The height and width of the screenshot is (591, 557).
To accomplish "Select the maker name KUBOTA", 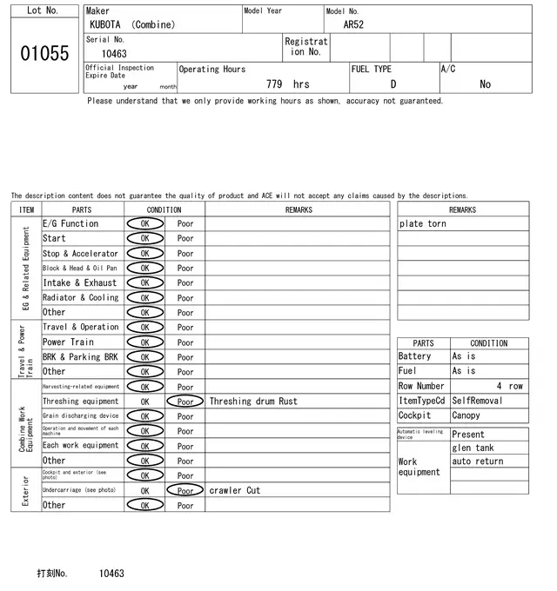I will pos(107,25).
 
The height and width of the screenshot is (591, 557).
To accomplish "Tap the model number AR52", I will pos(353,25).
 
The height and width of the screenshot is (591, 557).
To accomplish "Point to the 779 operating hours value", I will pos(274,84).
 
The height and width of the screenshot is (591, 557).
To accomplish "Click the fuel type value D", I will pos(393,84).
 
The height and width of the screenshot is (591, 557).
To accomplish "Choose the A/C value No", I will pos(485,84).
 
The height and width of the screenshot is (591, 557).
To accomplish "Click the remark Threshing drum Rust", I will pos(252,402).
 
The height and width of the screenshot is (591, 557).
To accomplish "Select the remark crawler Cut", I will pos(234,490).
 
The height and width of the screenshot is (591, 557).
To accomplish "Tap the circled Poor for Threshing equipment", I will pos(185,402).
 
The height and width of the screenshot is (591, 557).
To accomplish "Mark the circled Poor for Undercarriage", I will pos(185,490).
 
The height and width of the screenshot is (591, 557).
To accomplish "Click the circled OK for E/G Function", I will pos(144,223).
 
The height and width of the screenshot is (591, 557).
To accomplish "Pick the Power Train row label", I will pos(68,342).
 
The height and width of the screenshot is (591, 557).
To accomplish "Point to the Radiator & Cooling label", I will pos(80,297).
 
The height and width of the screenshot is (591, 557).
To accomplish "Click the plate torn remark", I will pos(423,223).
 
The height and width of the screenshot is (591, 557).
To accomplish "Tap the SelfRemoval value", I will pos(477,401).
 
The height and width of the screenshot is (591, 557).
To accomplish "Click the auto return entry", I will pos(478,462).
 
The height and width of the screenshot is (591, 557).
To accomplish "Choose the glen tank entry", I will pos(473,448).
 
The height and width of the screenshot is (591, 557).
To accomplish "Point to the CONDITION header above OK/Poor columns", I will pos(164,209).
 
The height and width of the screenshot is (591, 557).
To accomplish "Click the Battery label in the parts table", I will pos(414,356).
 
